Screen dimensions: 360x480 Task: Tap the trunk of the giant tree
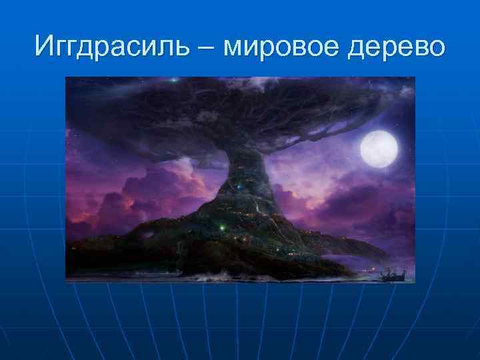coord(243,180)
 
